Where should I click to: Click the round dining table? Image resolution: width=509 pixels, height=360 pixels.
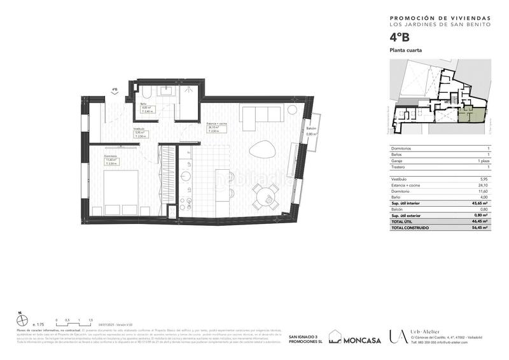(x=265, y=195)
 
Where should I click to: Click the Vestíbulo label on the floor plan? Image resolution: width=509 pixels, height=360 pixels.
(x=138, y=128)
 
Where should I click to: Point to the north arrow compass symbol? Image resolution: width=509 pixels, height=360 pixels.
(x=20, y=316)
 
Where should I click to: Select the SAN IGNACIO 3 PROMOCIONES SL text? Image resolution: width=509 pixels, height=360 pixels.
(x=303, y=339)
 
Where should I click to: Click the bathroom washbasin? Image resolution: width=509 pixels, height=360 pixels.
(x=168, y=92)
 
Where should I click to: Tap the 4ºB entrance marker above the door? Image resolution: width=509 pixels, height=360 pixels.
(x=115, y=90)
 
